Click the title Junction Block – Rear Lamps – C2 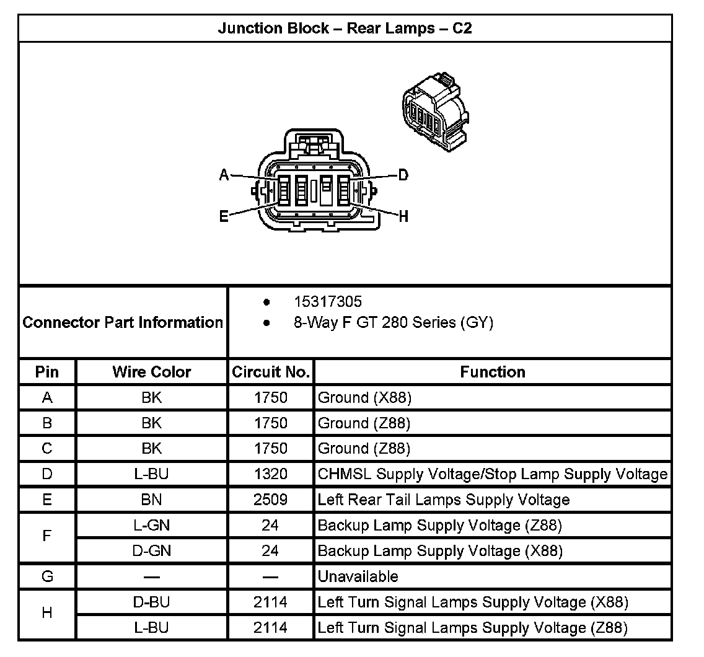(x=345, y=29)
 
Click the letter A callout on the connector (x=224, y=175)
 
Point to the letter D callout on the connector (x=403, y=175)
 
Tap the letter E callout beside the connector (x=224, y=216)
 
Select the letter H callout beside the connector (x=403, y=216)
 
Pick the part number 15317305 (x=328, y=302)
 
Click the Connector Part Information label (x=123, y=322)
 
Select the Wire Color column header (x=152, y=372)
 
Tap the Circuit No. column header (x=271, y=372)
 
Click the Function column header (x=493, y=372)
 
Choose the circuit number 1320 (x=271, y=474)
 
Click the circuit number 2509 (x=271, y=500)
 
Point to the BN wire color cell (x=152, y=500)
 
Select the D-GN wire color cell (x=152, y=551)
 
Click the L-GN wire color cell (x=152, y=526)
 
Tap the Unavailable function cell (x=358, y=576)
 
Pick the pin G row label (x=47, y=576)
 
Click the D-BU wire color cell (x=152, y=602)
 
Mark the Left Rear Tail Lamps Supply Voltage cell (x=444, y=500)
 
